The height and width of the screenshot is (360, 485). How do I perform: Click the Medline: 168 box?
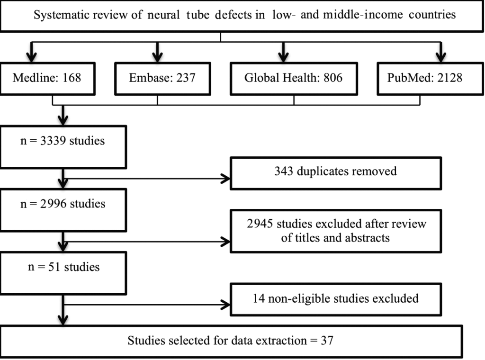[x=48, y=79]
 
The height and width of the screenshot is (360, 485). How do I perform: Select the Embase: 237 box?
[x=163, y=79]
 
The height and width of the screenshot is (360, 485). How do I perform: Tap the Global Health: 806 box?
[x=294, y=79]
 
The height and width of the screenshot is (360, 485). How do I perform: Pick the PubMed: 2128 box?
[x=430, y=79]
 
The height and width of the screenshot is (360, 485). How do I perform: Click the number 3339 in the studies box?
[x=53, y=141]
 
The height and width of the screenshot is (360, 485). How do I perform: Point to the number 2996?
[x=53, y=204]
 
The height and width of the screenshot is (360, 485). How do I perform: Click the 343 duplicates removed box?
[x=336, y=173]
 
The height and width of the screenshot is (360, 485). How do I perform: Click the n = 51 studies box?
[x=63, y=273]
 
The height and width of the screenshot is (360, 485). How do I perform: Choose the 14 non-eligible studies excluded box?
[x=336, y=299]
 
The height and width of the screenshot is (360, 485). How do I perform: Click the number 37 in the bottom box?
[x=327, y=341]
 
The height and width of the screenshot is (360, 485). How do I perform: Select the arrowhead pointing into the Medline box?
[x=32, y=56]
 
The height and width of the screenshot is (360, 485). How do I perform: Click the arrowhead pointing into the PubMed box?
[x=441, y=56]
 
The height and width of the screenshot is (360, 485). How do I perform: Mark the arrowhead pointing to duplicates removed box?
[x=225, y=179]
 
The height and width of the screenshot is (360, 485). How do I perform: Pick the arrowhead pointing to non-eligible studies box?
[x=225, y=305]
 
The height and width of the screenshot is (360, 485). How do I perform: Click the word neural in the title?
[x=163, y=15]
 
